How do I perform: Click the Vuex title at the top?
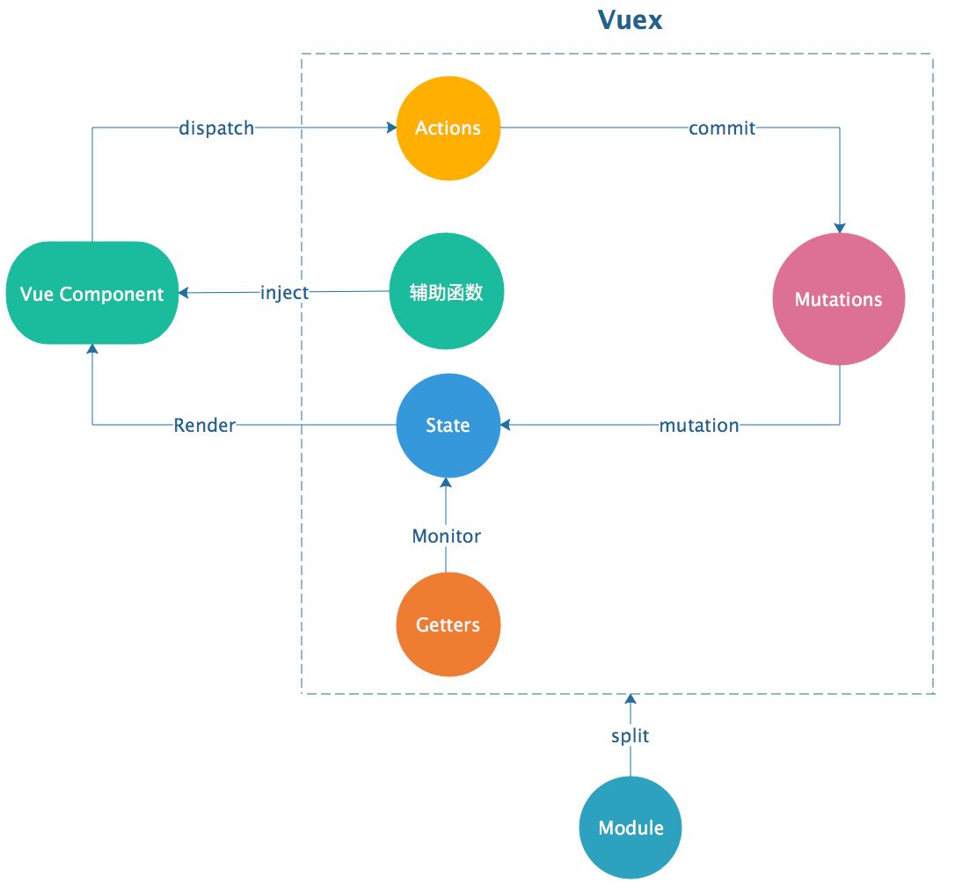[x=630, y=20]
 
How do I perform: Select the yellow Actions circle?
[x=448, y=128]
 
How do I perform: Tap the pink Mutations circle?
[x=838, y=299]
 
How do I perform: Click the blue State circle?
[x=448, y=426]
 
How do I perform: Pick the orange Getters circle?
[x=448, y=624]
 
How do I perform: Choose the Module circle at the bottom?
[x=631, y=828]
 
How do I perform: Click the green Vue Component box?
[x=92, y=293]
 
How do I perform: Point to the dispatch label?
[x=216, y=128]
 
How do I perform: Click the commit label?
[x=722, y=128]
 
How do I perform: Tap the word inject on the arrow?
[x=284, y=293]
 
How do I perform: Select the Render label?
[x=205, y=426]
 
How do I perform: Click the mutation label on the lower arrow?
[x=699, y=426]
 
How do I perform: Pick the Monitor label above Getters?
[x=447, y=536]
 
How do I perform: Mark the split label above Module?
[x=631, y=736]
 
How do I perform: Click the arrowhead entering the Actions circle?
[x=391, y=128]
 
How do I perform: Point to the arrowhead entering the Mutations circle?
[x=839, y=228]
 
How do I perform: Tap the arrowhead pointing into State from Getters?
[x=447, y=483]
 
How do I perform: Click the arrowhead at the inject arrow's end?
[x=183, y=293]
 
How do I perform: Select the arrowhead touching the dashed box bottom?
[x=631, y=699]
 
